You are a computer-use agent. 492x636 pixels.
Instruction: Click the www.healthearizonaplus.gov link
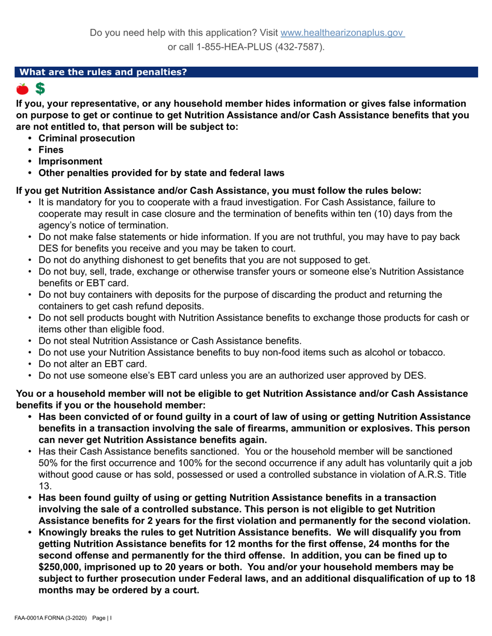(342, 33)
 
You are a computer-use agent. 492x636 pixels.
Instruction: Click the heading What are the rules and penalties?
(103, 72)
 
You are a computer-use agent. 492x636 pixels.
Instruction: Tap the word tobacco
(427, 353)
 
